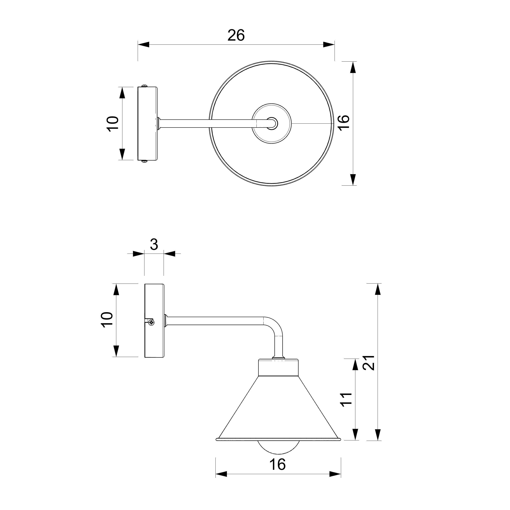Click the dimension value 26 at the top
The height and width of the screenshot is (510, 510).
236,35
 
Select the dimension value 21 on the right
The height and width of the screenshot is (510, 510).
369,363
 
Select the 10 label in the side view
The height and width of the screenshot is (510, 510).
107,320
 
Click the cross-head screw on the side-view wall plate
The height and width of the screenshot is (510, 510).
151,322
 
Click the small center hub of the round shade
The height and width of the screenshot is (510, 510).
272,123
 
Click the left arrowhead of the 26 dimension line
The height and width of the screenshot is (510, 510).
144,45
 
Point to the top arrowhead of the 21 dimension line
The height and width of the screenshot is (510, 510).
378,289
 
